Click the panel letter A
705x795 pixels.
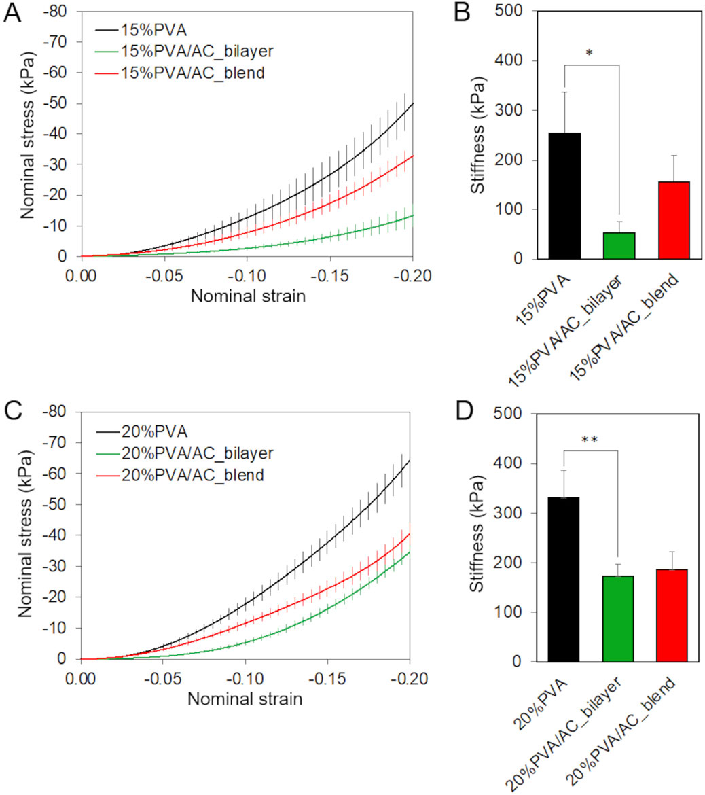click(x=12, y=13)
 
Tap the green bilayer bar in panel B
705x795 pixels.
click(x=619, y=245)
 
